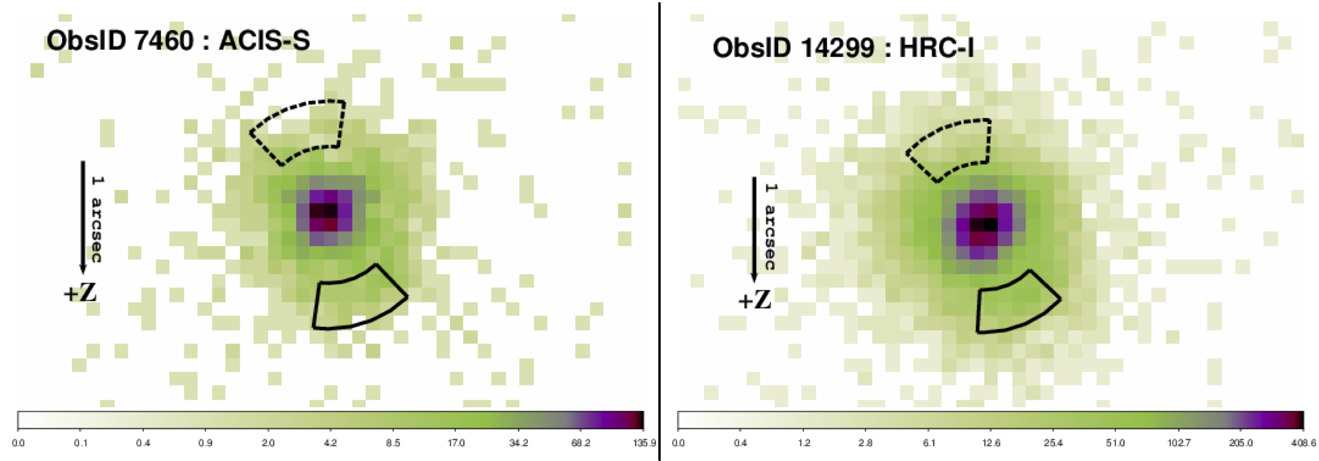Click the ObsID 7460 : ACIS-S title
click(x=178, y=40)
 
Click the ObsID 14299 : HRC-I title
click(x=843, y=47)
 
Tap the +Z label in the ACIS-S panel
click(x=80, y=293)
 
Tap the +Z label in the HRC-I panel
click(x=754, y=300)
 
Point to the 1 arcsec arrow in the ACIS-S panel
click(x=83, y=217)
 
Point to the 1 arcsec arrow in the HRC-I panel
click(x=754, y=228)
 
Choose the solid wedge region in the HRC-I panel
click(x=1015, y=305)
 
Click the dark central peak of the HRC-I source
click(x=984, y=224)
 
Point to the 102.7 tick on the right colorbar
click(x=1178, y=443)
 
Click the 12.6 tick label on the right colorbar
click(x=991, y=443)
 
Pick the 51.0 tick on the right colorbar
click(x=1115, y=443)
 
